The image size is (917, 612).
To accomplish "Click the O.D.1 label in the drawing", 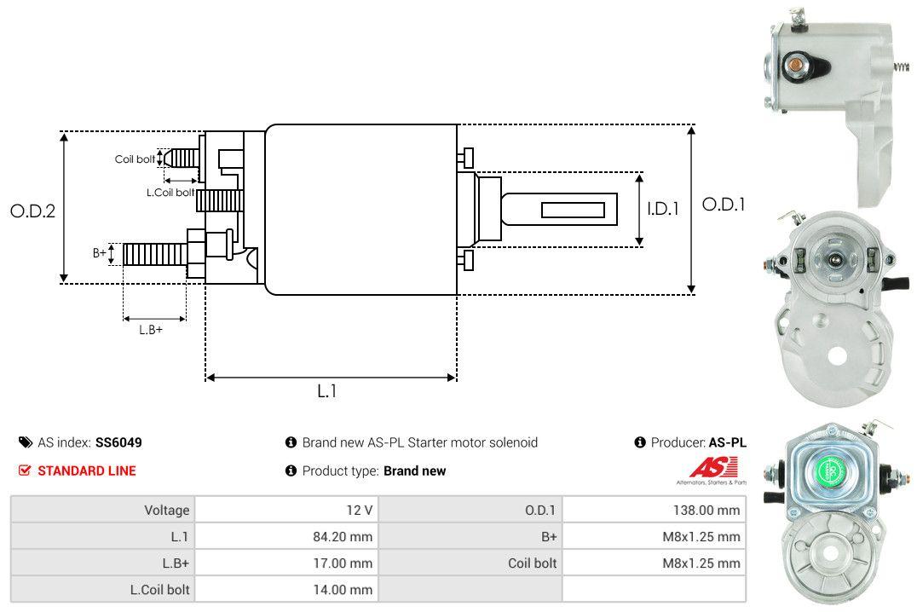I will pyautogui.click(x=723, y=205).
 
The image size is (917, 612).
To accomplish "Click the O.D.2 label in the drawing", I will pyautogui.click(x=32, y=211).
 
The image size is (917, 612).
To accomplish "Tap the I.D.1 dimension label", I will pyautogui.click(x=662, y=208).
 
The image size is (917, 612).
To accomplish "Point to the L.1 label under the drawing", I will pyautogui.click(x=327, y=391).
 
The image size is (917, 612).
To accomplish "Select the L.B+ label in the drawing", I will pyautogui.click(x=151, y=329).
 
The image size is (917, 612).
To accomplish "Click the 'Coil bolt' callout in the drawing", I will pyautogui.click(x=135, y=159).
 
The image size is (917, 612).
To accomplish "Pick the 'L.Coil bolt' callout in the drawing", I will pyautogui.click(x=170, y=193).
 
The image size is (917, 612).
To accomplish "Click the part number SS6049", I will pyautogui.click(x=118, y=442).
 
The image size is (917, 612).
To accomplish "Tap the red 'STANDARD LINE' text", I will pyautogui.click(x=86, y=471).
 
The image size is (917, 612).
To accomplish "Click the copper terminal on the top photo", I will pyautogui.click(x=795, y=64).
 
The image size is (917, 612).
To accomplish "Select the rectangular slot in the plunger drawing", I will pyautogui.click(x=574, y=210).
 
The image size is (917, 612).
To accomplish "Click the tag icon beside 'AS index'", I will pyautogui.click(x=25, y=442).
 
